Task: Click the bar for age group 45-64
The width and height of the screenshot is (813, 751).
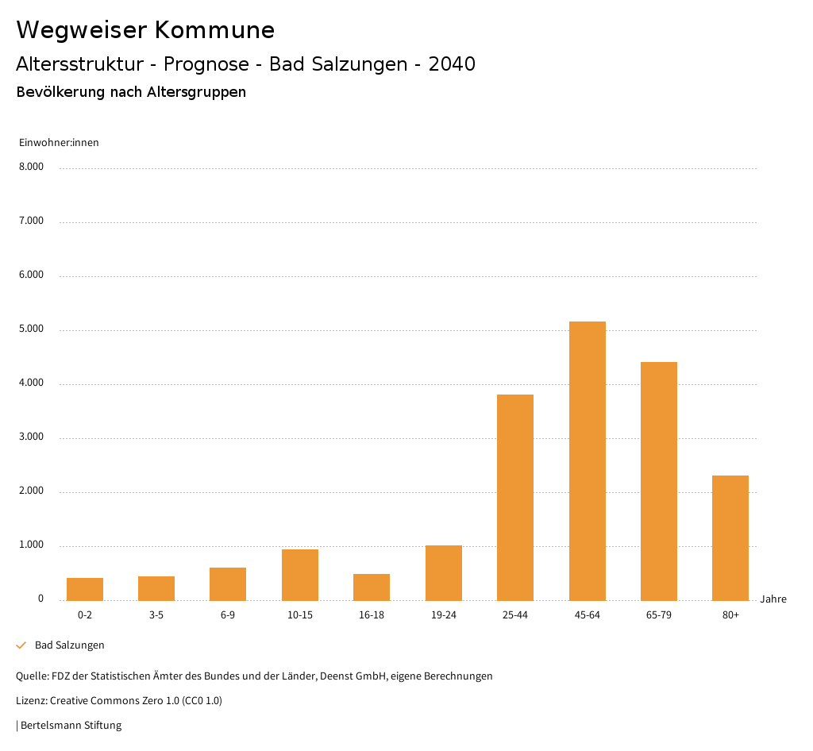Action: [587, 460]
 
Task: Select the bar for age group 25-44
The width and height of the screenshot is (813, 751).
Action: [515, 497]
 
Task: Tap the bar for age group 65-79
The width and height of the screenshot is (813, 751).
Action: [658, 481]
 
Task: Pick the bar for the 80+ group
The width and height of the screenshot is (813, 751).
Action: [730, 537]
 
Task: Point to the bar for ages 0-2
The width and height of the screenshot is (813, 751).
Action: [85, 589]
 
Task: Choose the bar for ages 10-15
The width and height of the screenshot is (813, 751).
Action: [300, 575]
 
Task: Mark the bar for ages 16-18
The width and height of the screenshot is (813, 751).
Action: [372, 587]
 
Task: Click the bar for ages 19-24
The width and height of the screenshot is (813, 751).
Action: [443, 572]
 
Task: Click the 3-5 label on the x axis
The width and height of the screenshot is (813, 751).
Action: [156, 615]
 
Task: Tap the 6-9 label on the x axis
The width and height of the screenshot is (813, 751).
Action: [228, 615]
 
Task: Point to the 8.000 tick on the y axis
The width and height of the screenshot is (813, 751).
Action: [31, 168]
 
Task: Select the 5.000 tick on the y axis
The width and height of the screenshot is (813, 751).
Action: [31, 329]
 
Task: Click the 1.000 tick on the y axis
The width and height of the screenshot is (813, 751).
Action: [31, 545]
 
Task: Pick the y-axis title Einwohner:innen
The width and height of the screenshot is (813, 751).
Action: [59, 143]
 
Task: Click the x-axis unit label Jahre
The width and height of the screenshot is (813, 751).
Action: [773, 599]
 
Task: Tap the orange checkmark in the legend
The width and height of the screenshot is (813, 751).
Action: [21, 645]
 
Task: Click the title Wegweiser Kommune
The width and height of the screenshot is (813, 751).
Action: [145, 30]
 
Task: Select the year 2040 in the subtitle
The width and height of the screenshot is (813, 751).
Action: [452, 64]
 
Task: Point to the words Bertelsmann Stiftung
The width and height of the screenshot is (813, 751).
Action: [71, 725]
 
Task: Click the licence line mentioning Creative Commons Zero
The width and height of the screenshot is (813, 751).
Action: [119, 701]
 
